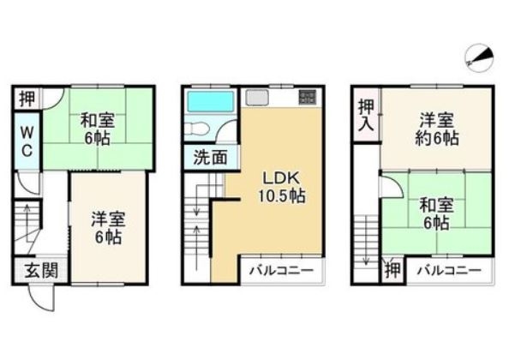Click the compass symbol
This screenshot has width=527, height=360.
click(x=479, y=57)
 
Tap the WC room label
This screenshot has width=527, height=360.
click(x=27, y=141)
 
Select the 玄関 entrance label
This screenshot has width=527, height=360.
click(x=41, y=271)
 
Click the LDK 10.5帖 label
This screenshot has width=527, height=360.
click(x=281, y=187)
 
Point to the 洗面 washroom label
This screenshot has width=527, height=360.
click(x=211, y=157)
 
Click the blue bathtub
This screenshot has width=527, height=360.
click(x=211, y=101)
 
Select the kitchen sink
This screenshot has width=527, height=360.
click(x=257, y=98)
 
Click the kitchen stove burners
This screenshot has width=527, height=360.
click(x=308, y=97)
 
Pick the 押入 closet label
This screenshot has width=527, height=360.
click(x=366, y=116)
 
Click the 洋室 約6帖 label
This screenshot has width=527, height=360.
click(x=436, y=129)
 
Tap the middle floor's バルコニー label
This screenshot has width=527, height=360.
click(x=281, y=270)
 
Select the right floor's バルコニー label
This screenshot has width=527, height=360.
click(x=449, y=270)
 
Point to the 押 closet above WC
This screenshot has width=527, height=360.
click(x=27, y=99)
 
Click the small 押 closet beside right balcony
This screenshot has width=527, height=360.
click(x=393, y=270)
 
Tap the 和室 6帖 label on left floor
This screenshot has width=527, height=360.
click(x=97, y=129)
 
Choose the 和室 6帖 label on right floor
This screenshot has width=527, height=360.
click(x=436, y=213)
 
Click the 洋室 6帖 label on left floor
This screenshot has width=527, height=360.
click(x=108, y=228)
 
